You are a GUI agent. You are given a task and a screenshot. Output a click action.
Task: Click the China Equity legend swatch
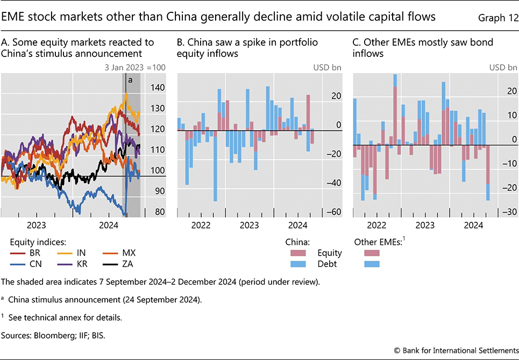[298, 253]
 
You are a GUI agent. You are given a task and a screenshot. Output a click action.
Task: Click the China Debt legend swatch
[298, 264]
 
